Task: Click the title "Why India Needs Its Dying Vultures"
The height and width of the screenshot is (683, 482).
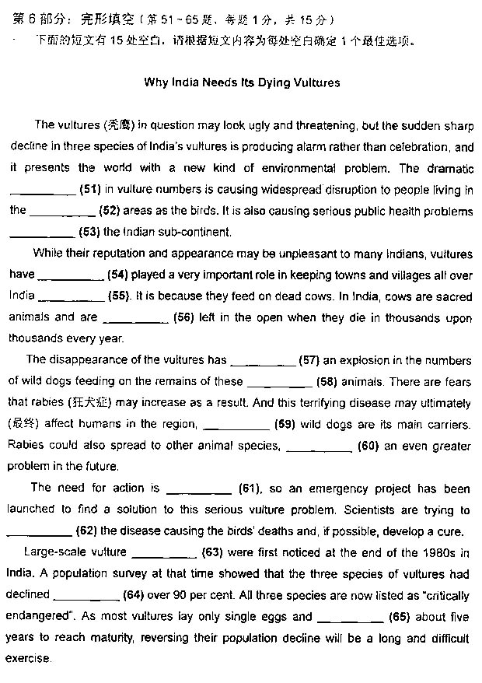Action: click(242, 82)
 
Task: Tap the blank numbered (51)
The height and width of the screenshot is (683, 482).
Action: click(43, 191)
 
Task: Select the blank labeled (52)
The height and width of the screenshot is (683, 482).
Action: click(62, 212)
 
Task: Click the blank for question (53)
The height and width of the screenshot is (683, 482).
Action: click(43, 233)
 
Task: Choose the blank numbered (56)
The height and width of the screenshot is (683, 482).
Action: click(135, 318)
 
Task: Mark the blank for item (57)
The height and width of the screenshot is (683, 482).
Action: click(264, 361)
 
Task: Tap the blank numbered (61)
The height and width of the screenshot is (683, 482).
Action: click(199, 489)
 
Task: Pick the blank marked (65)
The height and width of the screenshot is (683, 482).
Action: click(349, 618)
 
